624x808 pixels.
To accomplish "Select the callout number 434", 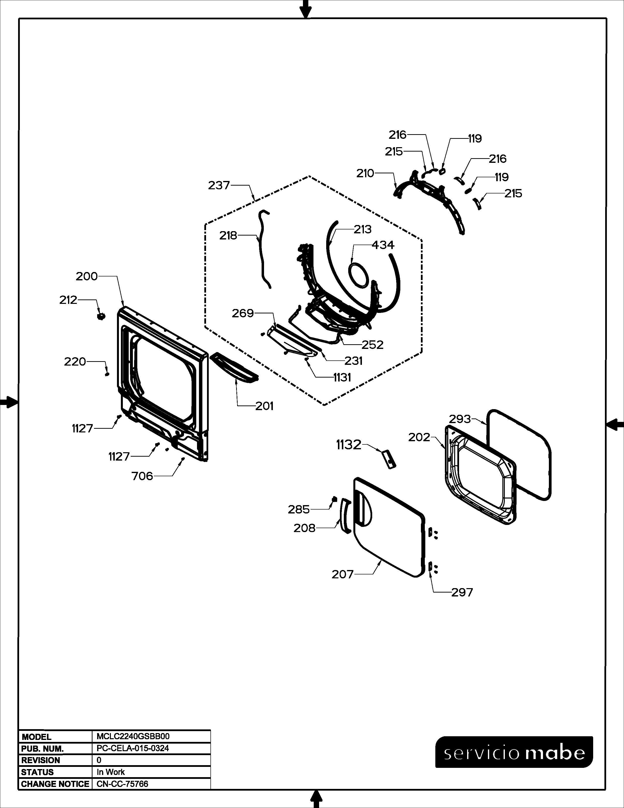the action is tap(383, 245).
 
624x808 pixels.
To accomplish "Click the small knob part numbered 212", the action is tap(101, 316).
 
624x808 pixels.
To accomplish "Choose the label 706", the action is tap(142, 476).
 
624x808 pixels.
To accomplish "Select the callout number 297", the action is tap(462, 592).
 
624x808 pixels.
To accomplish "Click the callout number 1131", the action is tap(342, 378).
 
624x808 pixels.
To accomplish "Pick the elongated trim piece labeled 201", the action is tap(234, 368).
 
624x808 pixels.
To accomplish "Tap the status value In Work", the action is tap(111, 772).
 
